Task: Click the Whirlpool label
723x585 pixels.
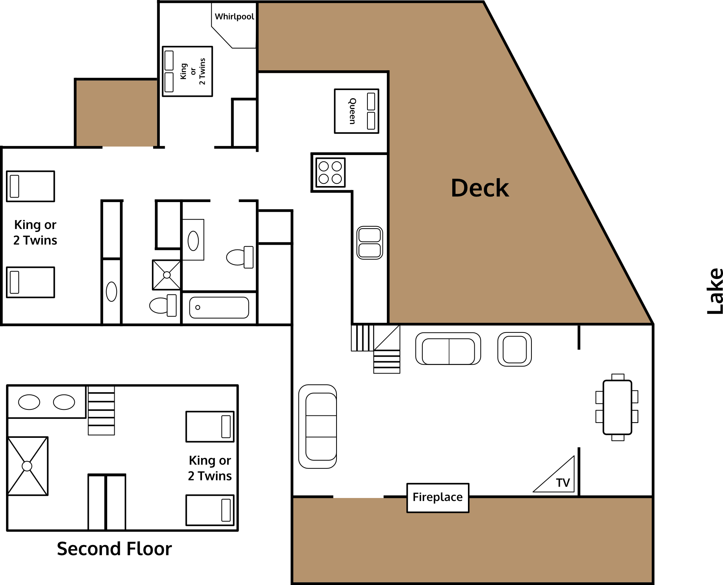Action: click(x=234, y=17)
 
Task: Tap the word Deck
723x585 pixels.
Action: click(x=480, y=188)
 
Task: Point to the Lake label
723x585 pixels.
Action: click(x=715, y=291)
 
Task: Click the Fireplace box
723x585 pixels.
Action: click(x=438, y=498)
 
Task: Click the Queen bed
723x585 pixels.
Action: click(x=357, y=111)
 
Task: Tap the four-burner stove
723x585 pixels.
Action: click(x=331, y=173)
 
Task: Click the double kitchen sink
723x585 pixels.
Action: click(x=370, y=243)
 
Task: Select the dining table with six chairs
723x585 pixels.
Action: click(x=617, y=407)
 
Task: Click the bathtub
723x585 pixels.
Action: click(x=219, y=307)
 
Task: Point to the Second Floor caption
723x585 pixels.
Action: click(x=114, y=549)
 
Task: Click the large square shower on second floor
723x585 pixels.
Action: click(x=28, y=466)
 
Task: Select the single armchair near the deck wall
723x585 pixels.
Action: click(x=515, y=349)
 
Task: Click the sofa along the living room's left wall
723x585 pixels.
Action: click(x=318, y=426)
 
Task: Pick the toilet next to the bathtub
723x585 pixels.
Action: click(x=163, y=305)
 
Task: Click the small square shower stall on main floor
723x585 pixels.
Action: click(x=167, y=275)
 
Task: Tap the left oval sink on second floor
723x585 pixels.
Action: click(x=29, y=402)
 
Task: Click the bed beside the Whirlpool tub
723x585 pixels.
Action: click(x=187, y=71)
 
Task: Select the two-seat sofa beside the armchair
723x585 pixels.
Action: click(x=448, y=349)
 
